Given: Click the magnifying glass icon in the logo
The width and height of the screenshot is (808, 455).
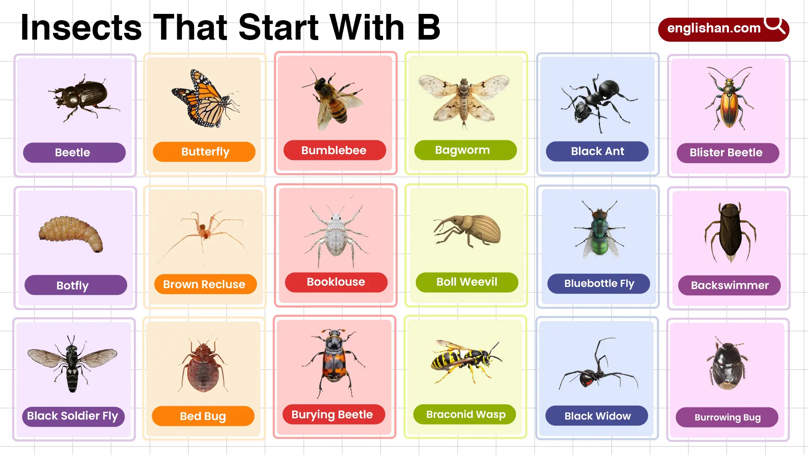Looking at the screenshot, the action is pyautogui.click(x=775, y=25).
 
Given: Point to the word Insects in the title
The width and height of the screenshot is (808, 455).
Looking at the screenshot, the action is pyautogui.click(x=81, y=27).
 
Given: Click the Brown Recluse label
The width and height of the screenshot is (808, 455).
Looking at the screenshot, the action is pyautogui.click(x=204, y=284).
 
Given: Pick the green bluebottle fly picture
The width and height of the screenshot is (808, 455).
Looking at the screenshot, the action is pyautogui.click(x=599, y=230).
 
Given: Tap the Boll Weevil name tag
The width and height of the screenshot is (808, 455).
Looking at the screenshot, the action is pyautogui.click(x=467, y=282).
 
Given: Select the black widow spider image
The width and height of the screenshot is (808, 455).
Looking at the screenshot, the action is pyautogui.click(x=598, y=364).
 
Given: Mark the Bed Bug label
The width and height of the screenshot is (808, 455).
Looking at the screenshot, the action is pyautogui.click(x=203, y=416).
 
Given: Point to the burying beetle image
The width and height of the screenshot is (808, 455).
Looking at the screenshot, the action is pyautogui.click(x=334, y=363).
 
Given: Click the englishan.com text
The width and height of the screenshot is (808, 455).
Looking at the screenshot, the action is pyautogui.click(x=714, y=28).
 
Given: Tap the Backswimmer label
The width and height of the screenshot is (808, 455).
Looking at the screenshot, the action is pyautogui.click(x=729, y=285).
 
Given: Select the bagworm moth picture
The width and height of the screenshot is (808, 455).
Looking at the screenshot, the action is pyautogui.click(x=464, y=101).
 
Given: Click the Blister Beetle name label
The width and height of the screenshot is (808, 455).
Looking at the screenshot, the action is pyautogui.click(x=728, y=153).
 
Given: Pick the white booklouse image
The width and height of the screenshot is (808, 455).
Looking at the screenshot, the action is pyautogui.click(x=336, y=232).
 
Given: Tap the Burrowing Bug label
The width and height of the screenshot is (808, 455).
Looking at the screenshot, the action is pyautogui.click(x=727, y=418).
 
